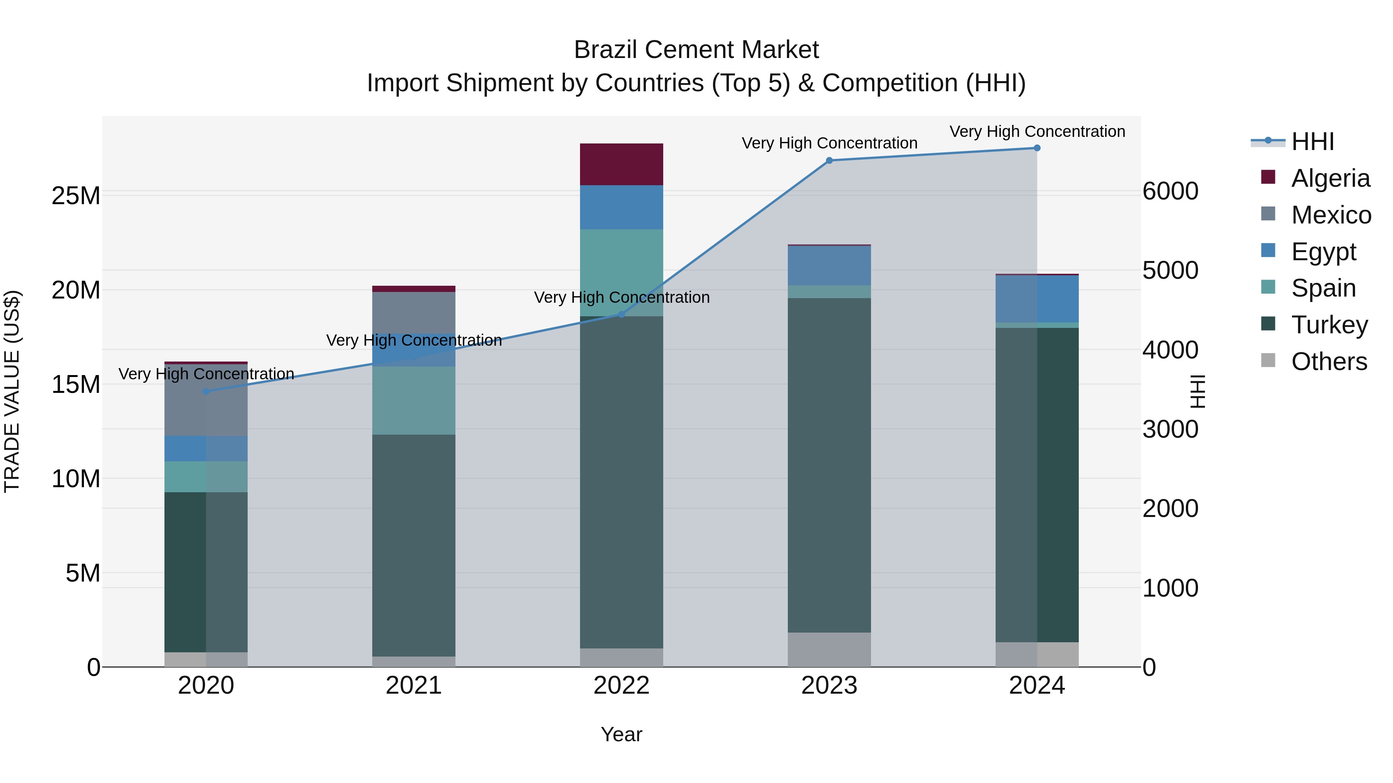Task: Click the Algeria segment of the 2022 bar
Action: pyautogui.click(x=621, y=164)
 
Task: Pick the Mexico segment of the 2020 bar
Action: pyautogui.click(x=206, y=400)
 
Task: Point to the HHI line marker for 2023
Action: pyautogui.click(x=830, y=160)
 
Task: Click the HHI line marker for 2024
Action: pyautogui.click(x=1037, y=148)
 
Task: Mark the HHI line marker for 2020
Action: pyautogui.click(x=206, y=391)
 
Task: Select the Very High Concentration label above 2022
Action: pyautogui.click(x=621, y=297)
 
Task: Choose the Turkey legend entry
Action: pyautogui.click(x=1329, y=325)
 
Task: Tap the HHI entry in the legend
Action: pyautogui.click(x=1313, y=142)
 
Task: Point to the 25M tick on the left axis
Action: pyautogui.click(x=76, y=196)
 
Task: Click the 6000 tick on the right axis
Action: pyautogui.click(x=1170, y=191)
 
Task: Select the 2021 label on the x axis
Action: pyautogui.click(x=414, y=686)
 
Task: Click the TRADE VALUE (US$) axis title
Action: pyautogui.click(x=12, y=391)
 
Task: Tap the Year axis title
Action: pyautogui.click(x=621, y=734)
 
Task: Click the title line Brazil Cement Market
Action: pyautogui.click(x=696, y=50)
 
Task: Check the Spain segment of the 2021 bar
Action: pyautogui.click(x=414, y=401)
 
